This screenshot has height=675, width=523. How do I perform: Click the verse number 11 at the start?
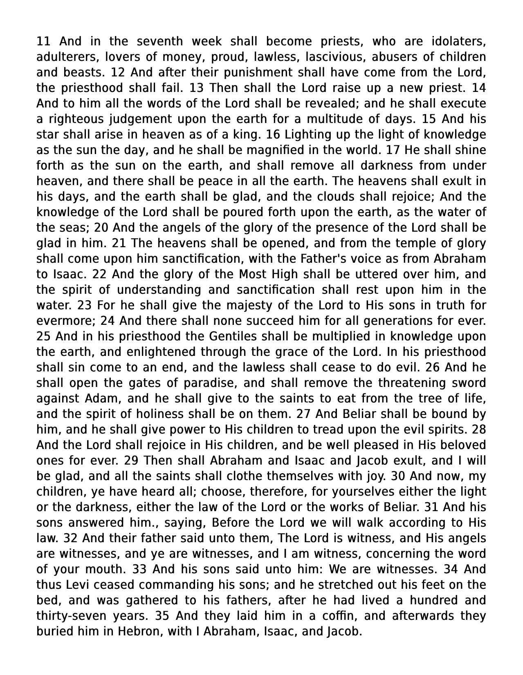point(43,41)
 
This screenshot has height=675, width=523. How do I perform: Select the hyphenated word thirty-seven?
point(70,616)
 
